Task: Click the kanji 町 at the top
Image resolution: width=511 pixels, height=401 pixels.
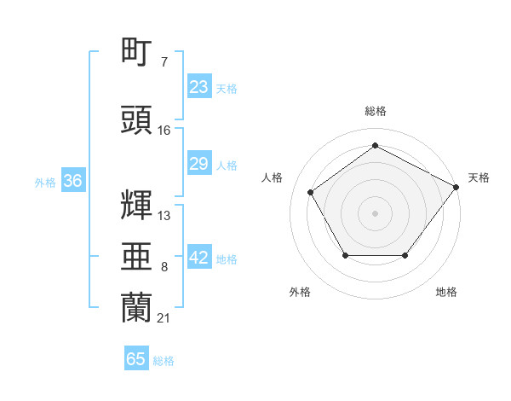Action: pos(136,51)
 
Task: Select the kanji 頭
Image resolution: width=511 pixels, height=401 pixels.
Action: pos(136,119)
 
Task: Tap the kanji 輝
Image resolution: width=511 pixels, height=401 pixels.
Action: pos(136,205)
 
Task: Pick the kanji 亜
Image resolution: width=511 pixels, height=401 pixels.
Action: pos(136,256)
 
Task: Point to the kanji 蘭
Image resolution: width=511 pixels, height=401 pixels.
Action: pos(136,307)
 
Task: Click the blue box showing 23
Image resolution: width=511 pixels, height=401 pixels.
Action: pos(199,86)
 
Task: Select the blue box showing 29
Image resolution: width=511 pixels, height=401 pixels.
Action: pos(199,163)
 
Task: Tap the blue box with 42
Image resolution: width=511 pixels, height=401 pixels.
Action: pos(199,256)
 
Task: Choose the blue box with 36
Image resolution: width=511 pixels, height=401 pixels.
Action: pos(73,180)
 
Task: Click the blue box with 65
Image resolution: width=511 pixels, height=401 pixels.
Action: pos(136,357)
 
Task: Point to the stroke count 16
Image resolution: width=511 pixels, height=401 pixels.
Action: pos(164,131)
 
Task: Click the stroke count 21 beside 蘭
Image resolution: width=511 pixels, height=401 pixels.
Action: pos(164,318)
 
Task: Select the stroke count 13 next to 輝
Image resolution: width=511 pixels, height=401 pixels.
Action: pos(164,216)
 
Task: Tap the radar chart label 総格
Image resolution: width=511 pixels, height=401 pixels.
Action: pos(376,111)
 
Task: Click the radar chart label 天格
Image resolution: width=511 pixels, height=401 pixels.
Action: pos(479,177)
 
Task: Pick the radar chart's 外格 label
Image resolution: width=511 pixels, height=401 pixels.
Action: pos(300,292)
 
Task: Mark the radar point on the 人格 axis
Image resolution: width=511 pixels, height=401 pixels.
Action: pos(311,192)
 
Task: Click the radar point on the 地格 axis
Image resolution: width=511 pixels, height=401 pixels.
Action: pos(405,255)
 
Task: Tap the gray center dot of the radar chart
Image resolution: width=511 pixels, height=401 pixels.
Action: pos(375,213)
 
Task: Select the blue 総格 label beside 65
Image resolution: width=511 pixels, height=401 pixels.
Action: pos(164,361)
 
